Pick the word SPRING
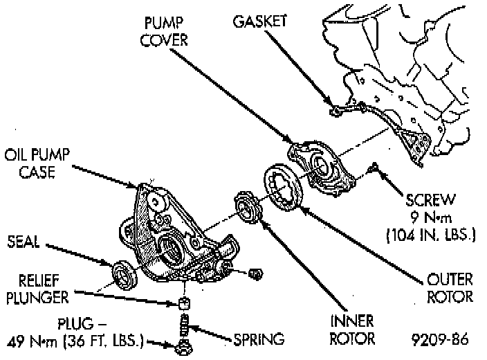(257, 339)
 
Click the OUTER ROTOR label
(450, 288)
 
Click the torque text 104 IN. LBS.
(431, 235)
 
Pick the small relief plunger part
(185, 302)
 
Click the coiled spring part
(185, 323)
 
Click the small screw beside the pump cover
(375, 167)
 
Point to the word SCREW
(431, 201)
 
